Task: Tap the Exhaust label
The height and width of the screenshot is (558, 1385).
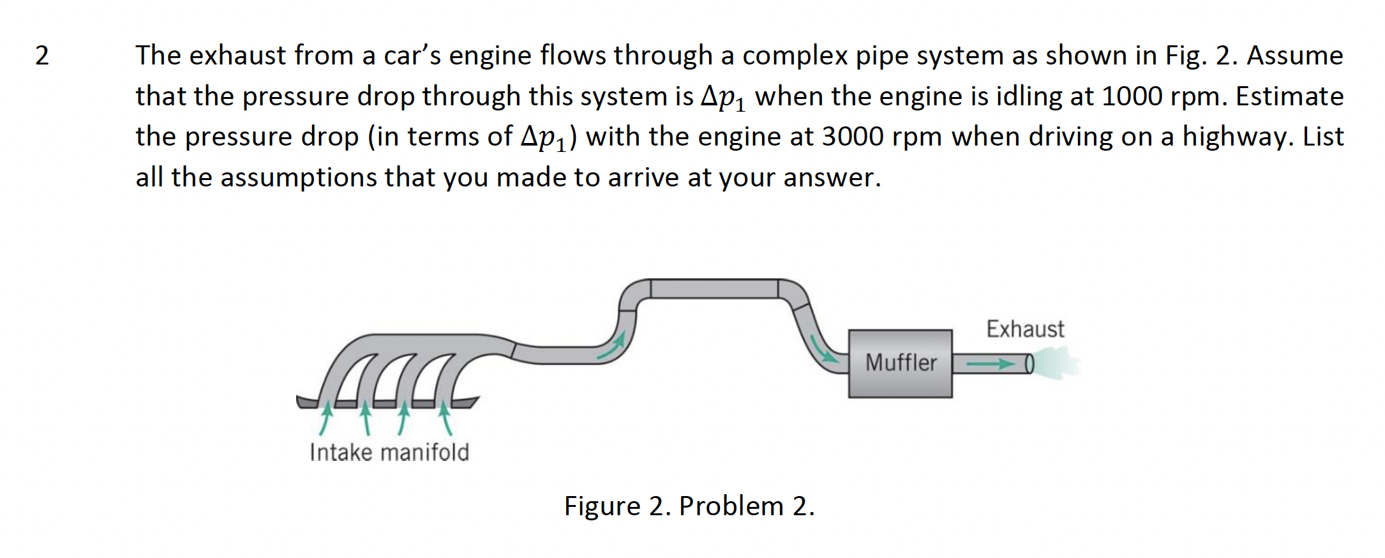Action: coord(1025,329)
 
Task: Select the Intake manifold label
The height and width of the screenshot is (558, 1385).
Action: coord(389,452)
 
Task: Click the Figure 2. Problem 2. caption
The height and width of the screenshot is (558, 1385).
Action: coord(689,506)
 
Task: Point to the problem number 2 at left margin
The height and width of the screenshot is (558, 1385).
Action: coord(41,56)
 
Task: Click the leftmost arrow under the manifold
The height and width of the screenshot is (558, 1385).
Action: coord(326,418)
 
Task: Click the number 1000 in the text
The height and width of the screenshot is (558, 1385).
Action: coord(1132,97)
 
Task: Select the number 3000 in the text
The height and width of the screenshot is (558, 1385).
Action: coord(853,137)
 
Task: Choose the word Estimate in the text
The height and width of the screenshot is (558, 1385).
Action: coord(1289,97)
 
